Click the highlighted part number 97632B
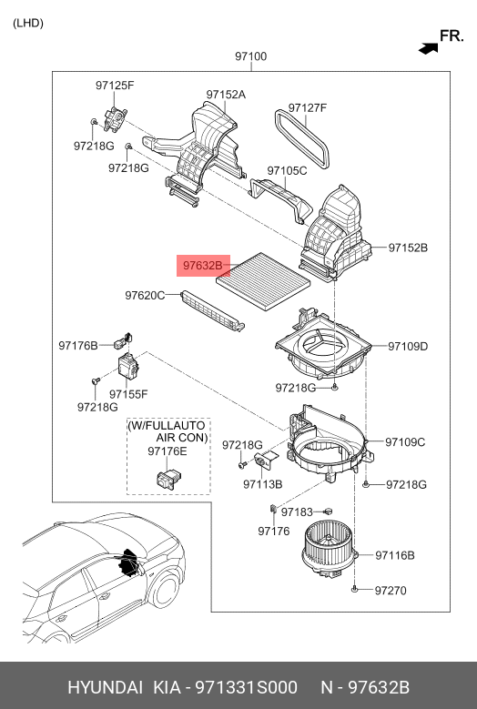202,266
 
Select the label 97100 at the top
250,56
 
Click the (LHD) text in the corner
27,22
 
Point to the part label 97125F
115,86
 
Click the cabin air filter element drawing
265,270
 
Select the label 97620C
145,296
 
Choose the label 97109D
406,346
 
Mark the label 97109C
405,442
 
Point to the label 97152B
408,247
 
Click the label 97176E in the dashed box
167,451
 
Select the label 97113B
263,484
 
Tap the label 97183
297,513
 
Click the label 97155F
128,394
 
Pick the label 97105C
287,170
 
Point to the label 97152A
226,94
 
